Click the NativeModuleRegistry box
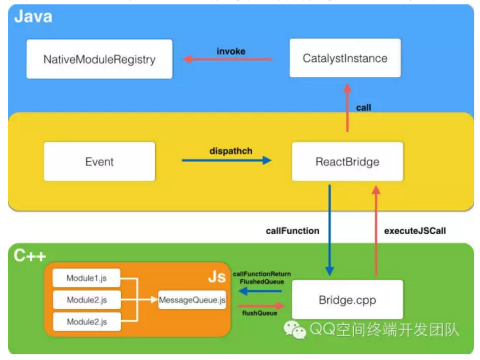[99, 59]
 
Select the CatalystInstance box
[345, 58]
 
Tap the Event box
[99, 162]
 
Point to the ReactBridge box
[347, 162]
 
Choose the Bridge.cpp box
[347, 300]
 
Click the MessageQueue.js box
[192, 300]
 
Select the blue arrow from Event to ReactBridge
[227, 160]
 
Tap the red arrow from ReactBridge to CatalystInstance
[348, 108]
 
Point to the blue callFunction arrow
[329, 230]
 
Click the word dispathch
[231, 151]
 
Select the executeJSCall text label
[415, 231]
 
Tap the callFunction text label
[293, 231]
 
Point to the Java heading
[33, 17]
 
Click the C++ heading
[30, 256]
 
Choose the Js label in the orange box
[217, 277]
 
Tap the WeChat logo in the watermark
[294, 330]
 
